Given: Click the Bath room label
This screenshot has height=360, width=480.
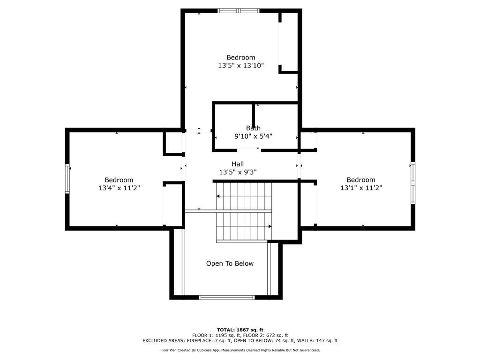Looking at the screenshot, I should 253,128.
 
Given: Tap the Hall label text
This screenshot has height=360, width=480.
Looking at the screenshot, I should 238,164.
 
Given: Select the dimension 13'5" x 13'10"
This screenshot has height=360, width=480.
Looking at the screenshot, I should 241,66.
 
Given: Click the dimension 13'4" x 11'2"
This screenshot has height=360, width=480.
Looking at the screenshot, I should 119,188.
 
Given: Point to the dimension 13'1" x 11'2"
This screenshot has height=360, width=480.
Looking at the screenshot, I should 361,188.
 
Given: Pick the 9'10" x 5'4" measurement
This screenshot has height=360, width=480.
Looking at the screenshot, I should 253,136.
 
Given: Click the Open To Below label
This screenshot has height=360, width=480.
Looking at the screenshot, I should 230,263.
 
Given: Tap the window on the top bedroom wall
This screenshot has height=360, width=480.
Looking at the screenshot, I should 239,11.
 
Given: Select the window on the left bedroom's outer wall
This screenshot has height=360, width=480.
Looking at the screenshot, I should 67,179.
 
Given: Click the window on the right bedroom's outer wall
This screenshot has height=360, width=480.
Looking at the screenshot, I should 413,183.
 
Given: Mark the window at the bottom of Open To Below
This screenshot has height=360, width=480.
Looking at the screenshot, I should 227,297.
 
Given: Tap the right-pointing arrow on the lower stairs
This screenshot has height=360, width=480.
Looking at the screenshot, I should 269,226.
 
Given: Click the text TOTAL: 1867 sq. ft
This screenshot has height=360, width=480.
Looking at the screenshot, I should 240,330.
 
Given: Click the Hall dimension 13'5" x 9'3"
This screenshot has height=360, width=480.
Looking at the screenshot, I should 238,172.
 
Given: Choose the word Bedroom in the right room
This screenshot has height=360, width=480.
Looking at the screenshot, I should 361,180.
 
